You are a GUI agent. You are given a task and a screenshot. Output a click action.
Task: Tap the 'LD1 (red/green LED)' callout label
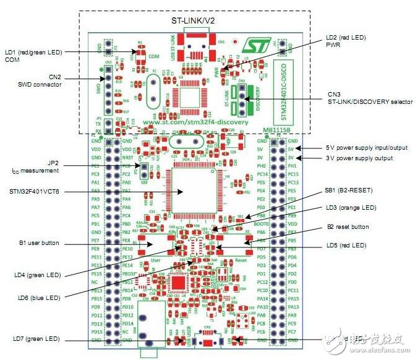tap(37, 54)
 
